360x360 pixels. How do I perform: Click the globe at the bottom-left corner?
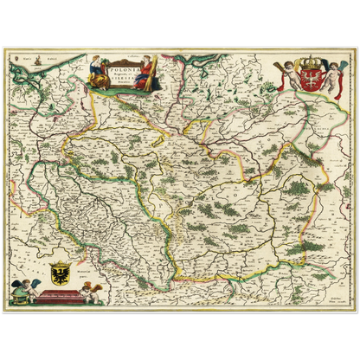pos(16,298)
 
